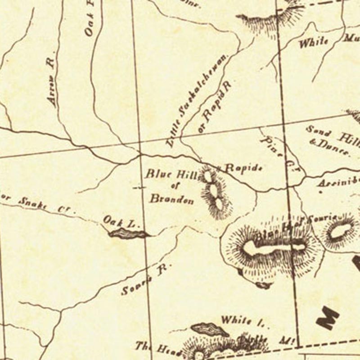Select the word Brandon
click(171, 198)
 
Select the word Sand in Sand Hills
click(319, 132)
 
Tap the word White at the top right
click(313, 42)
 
